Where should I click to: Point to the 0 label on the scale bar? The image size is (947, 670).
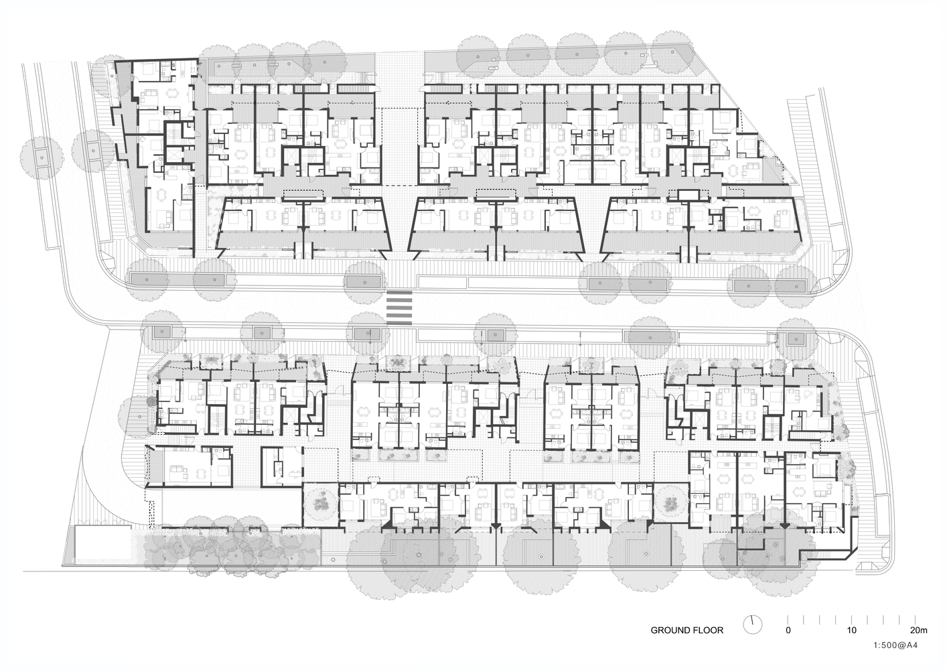coord(788,630)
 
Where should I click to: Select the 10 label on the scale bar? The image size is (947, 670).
coord(852,630)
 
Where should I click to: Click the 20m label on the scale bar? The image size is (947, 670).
coord(918,630)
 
